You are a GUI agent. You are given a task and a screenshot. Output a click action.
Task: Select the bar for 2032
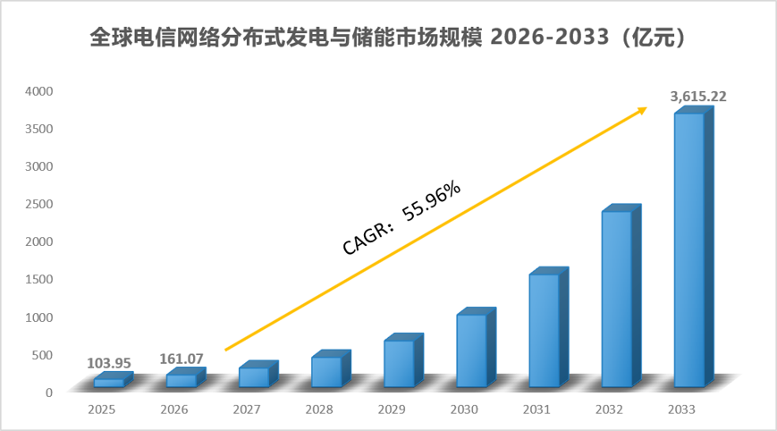click(621, 295)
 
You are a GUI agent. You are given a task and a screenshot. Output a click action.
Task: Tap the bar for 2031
click(549, 327)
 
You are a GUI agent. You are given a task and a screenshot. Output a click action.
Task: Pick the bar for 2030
click(477, 347)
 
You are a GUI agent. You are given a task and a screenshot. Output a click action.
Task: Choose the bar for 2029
click(404, 360)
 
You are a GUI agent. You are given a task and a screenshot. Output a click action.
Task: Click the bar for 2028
click(331, 368)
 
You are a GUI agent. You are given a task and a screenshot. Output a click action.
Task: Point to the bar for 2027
click(258, 374)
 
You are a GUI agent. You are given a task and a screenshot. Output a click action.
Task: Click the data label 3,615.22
click(698, 97)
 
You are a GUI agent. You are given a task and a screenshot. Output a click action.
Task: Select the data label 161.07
click(182, 359)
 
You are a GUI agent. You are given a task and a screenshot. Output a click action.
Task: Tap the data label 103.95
click(109, 363)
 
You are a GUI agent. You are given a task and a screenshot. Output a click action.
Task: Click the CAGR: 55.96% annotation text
click(401, 218)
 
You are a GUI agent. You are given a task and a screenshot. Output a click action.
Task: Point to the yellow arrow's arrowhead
click(643, 111)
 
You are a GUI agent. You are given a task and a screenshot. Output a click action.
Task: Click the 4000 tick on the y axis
click(39, 91)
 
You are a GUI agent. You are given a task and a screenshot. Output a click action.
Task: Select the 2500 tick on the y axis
click(39, 204)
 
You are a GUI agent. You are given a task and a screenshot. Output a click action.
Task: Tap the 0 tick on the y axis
click(49, 393)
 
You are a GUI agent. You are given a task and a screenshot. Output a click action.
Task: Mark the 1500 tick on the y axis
click(39, 279)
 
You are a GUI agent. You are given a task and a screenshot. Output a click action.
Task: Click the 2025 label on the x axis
click(102, 410)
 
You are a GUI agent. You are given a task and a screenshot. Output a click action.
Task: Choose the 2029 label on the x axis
click(392, 410)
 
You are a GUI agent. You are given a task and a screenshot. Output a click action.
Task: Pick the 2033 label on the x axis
click(681, 410)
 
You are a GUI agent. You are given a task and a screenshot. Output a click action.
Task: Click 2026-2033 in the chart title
click(550, 38)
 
